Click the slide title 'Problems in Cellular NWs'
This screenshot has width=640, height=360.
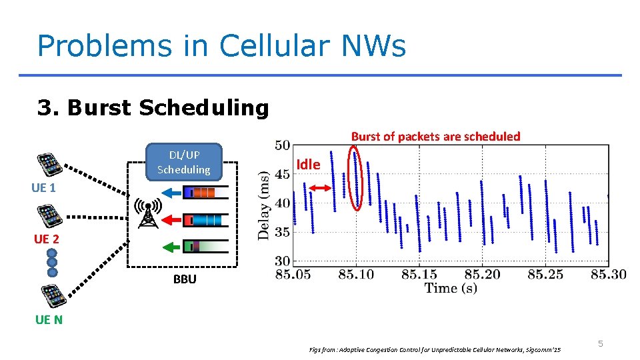click(x=221, y=46)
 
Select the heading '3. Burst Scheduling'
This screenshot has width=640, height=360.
click(x=153, y=107)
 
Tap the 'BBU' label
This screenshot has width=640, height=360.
click(x=185, y=279)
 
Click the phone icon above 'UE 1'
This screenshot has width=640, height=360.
click(x=49, y=164)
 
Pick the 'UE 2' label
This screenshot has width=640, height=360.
click(x=47, y=239)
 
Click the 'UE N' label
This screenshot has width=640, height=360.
click(x=49, y=319)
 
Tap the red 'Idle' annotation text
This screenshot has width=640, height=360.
click(x=308, y=164)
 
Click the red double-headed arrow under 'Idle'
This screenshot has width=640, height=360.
click(x=321, y=189)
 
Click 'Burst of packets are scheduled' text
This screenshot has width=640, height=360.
click(x=435, y=136)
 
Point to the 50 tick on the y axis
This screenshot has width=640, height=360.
click(x=281, y=145)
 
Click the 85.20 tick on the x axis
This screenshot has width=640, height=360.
click(x=482, y=273)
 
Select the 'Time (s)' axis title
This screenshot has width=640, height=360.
click(x=451, y=288)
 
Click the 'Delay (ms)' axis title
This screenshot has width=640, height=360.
click(x=265, y=205)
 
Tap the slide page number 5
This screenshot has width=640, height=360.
click(x=600, y=343)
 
